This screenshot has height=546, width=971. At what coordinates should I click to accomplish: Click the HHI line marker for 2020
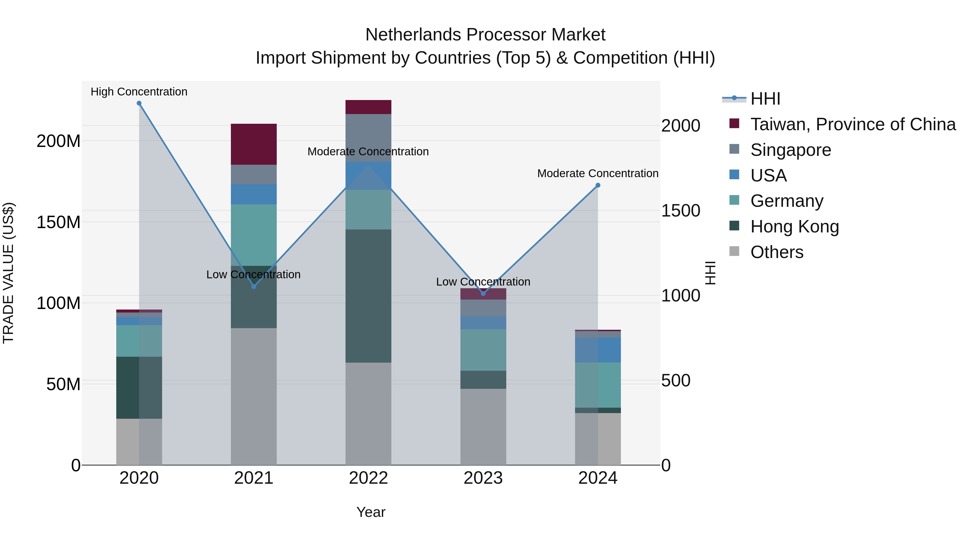coord(139,103)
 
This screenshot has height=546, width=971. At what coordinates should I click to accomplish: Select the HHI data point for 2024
coord(598,186)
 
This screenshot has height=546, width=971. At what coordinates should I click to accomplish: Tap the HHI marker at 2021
coord(254,287)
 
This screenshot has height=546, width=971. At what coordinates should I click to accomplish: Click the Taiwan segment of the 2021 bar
coord(254,144)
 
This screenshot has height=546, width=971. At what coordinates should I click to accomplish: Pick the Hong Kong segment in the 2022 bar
coord(368,296)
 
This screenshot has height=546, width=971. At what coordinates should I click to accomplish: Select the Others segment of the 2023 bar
coord(483,427)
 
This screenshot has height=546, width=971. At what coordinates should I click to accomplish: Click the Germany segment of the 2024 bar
coord(598,385)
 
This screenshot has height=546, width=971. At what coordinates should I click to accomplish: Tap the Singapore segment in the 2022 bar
coord(368,138)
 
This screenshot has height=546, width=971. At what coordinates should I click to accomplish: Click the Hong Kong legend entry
coord(794,226)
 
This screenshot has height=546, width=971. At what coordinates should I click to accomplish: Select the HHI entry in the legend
coord(765,99)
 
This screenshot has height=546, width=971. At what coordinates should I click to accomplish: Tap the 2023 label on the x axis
coord(483,478)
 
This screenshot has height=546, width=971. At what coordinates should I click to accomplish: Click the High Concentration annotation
coord(139,92)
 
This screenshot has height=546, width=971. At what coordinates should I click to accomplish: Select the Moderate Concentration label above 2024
coord(598,173)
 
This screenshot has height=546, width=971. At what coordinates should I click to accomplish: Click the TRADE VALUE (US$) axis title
coord(8,273)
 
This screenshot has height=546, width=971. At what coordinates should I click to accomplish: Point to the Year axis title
coord(371,512)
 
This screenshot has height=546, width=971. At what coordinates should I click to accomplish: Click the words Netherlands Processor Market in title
coord(485,35)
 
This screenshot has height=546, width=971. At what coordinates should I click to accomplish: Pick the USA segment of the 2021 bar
coord(254,194)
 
